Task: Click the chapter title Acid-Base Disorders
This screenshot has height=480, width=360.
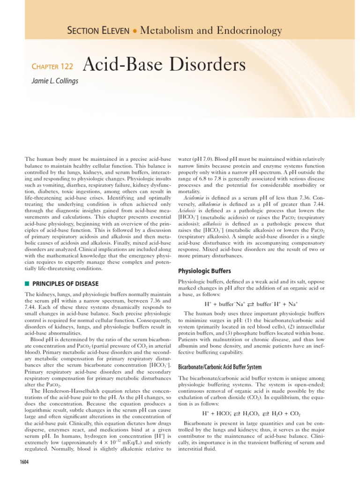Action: (x=164, y=65)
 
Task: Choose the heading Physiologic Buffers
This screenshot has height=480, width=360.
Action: (x=205, y=271)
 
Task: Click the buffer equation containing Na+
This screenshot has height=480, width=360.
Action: (x=252, y=303)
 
